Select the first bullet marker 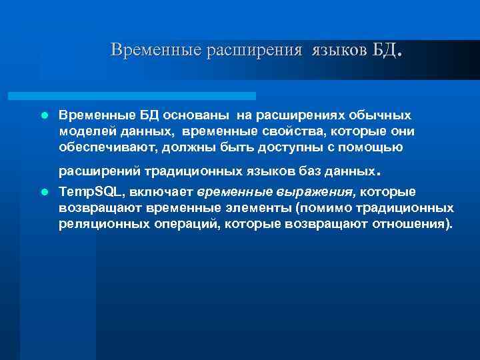[x=44, y=115]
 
